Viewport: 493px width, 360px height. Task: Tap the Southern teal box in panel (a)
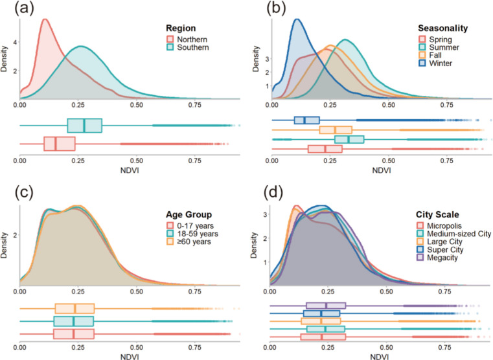(x=84, y=126)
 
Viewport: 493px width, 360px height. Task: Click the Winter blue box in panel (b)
(x=306, y=120)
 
